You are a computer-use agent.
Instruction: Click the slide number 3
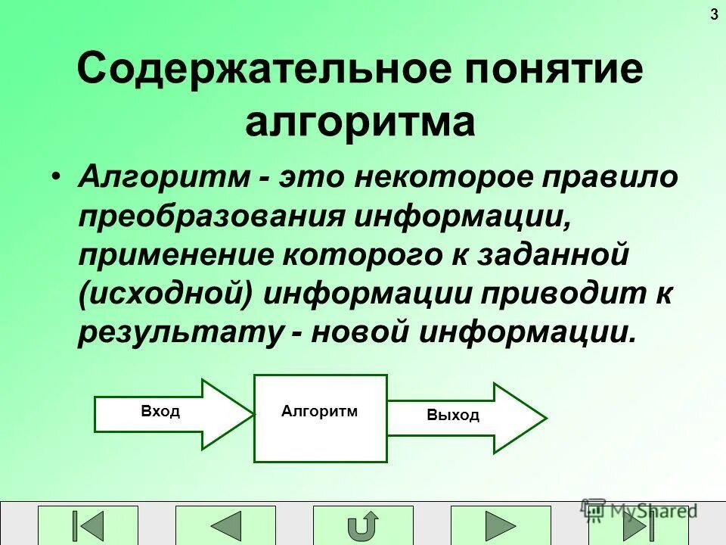point(715,14)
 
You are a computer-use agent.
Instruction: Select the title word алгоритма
point(360,123)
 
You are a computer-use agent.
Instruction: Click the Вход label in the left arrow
point(160,412)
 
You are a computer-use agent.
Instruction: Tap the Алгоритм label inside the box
point(319,411)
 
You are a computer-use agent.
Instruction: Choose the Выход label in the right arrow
point(453,415)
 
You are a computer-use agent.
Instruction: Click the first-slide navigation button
point(89,526)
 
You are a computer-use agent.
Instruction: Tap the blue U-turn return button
point(364,526)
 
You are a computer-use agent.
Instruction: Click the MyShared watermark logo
point(638,510)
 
